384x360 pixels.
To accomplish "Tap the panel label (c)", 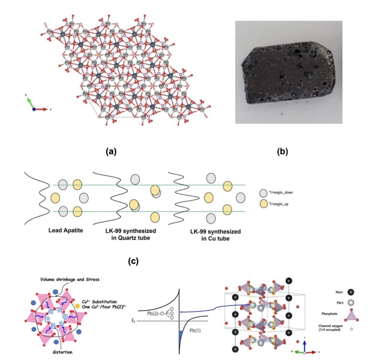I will coord(133,261).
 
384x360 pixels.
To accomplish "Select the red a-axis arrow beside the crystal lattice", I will coord(42,109).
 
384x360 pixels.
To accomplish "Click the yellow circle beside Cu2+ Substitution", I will coord(77,306).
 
